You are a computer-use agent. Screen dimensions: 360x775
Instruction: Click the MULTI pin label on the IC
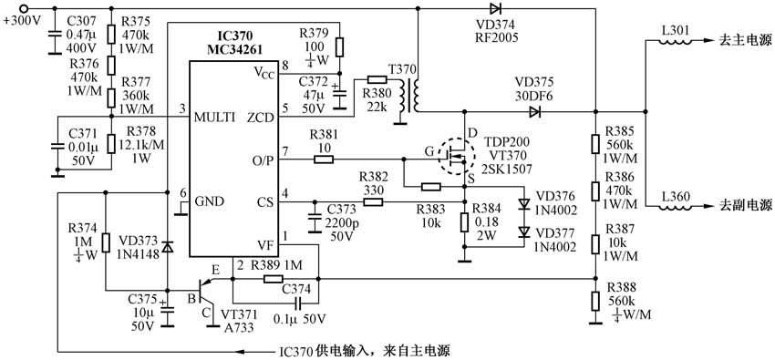215,117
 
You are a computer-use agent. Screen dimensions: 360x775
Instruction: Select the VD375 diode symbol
533,112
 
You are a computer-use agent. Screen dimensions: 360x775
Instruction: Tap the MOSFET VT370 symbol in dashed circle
453,155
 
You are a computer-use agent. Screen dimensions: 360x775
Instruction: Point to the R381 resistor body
324,160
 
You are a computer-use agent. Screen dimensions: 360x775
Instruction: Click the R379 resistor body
339,46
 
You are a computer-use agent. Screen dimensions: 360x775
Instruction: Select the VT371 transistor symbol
207,291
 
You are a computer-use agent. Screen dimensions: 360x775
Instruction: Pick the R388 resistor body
594,302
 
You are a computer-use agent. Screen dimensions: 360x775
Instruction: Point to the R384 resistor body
464,221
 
